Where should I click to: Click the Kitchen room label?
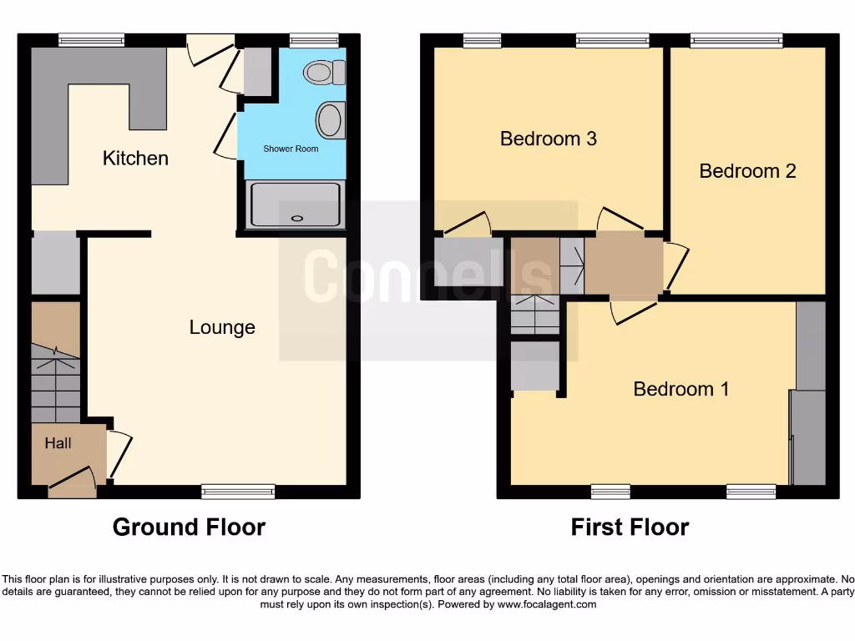(135, 158)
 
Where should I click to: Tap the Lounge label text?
(222, 327)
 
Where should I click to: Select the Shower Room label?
(291, 149)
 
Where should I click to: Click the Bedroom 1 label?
(681, 389)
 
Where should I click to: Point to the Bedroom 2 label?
(747, 171)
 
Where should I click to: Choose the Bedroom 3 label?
(548, 139)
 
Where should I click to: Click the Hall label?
(58, 443)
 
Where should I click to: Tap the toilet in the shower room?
(325, 73)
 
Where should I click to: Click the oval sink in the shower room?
(331, 120)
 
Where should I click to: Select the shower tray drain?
(296, 219)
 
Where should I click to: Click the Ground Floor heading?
(189, 527)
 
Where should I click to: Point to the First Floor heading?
(630, 527)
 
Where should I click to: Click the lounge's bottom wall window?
(238, 492)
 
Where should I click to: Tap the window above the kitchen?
(92, 39)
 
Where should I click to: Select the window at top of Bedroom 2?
(736, 39)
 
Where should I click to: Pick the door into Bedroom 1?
(632, 310)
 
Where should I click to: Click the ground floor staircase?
(56, 380)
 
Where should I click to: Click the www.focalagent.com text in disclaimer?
(547, 604)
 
